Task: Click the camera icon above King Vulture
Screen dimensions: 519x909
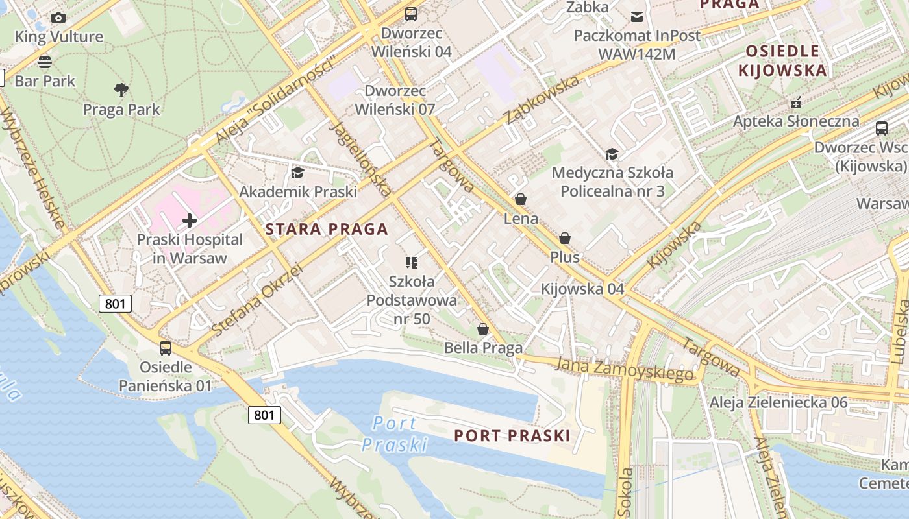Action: click(x=58, y=18)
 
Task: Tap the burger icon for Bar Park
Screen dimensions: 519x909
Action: click(x=45, y=62)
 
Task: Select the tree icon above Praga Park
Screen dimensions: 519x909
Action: click(x=121, y=90)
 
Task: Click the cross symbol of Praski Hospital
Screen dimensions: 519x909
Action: click(x=190, y=221)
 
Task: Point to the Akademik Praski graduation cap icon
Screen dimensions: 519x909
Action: click(x=297, y=173)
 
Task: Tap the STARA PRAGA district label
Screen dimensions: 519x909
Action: click(x=327, y=228)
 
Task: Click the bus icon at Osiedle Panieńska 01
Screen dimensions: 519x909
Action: click(x=166, y=348)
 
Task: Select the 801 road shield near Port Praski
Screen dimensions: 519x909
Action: click(x=264, y=415)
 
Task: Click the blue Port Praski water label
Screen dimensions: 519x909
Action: click(x=395, y=434)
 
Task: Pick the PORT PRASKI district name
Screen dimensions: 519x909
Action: click(x=512, y=435)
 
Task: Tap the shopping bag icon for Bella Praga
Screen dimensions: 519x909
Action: click(x=483, y=329)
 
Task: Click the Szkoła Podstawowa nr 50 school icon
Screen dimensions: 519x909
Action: click(x=411, y=262)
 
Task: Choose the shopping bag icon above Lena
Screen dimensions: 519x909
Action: click(x=521, y=199)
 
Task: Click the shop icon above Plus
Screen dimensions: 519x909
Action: click(x=565, y=238)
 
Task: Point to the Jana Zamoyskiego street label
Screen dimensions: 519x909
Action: click(x=624, y=368)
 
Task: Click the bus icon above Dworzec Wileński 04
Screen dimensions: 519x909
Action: click(x=410, y=14)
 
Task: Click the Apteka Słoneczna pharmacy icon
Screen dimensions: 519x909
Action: click(x=796, y=102)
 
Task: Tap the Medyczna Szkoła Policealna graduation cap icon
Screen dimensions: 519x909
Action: click(x=612, y=154)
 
